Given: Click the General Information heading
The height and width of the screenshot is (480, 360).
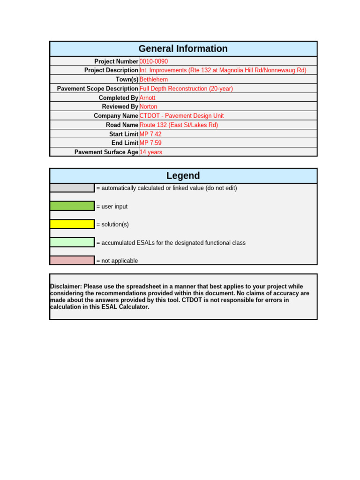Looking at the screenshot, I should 183,49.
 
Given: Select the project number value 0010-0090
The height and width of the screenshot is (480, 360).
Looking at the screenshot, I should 154,61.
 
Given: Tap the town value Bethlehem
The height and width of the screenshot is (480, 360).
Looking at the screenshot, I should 154,79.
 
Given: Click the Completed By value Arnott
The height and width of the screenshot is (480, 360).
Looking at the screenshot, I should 148,97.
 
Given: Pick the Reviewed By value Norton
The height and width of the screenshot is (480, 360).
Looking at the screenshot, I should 149,106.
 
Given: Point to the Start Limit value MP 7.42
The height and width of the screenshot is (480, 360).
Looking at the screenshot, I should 150,134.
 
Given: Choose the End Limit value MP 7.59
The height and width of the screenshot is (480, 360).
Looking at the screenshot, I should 150,143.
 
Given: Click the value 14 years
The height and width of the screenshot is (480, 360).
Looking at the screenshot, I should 151,152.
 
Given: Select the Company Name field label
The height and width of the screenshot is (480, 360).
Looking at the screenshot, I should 116,116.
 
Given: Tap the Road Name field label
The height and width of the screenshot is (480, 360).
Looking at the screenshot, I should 122,125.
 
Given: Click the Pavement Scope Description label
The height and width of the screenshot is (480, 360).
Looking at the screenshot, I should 97,89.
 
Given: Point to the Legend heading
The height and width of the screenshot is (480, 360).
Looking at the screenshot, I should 183,176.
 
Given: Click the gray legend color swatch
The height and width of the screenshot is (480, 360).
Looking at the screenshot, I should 72,188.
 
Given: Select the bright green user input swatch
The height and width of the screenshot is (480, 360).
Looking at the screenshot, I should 72,206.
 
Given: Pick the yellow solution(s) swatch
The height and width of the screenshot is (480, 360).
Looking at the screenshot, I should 72,224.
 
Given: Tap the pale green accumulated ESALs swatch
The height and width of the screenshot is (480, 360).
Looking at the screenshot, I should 72,242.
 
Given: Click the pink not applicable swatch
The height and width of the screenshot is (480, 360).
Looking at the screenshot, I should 72,260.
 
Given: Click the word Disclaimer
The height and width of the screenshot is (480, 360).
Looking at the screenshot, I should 65,286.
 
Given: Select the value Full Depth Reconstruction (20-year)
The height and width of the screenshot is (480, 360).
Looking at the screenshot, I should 186,89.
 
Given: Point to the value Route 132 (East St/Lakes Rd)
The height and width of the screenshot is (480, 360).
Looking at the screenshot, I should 179,125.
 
